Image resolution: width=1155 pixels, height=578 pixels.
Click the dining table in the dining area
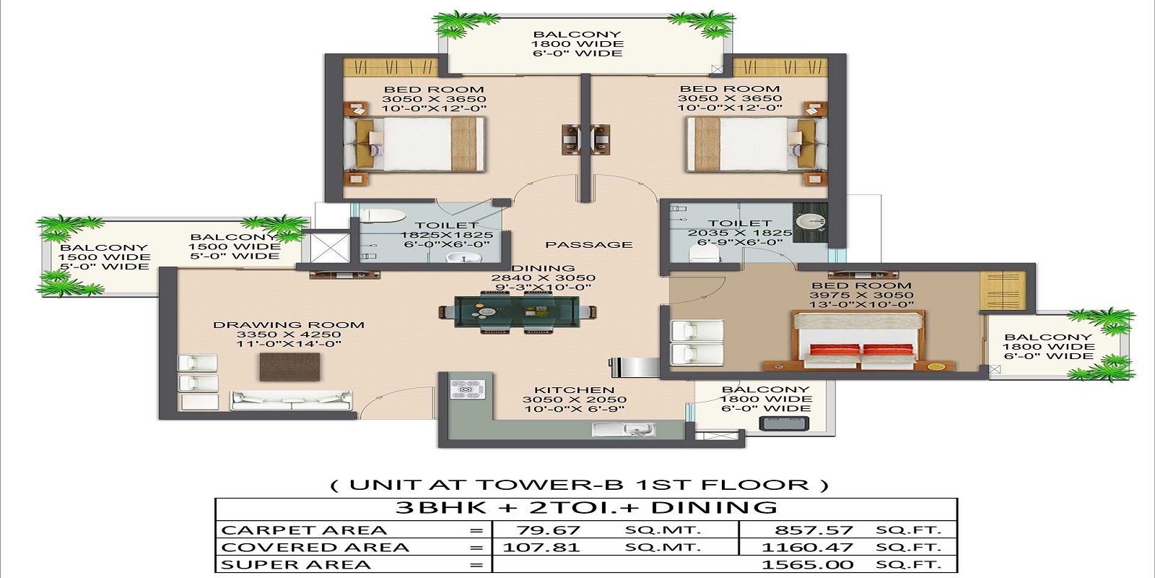tap(518, 312)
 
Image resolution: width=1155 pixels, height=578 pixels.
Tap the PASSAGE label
tap(588, 245)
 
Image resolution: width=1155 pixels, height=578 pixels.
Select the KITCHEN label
tap(574, 389)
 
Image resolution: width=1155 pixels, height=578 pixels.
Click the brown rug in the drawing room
tap(289, 367)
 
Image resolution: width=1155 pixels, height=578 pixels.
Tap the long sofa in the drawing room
tap(290, 400)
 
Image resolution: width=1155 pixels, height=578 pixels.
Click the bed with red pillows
tap(858, 342)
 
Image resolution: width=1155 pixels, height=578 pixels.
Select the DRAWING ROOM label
tap(289, 325)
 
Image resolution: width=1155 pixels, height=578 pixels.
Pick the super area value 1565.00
tap(808, 565)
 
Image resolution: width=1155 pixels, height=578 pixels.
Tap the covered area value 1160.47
tap(808, 548)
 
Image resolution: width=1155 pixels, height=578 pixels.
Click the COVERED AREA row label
tap(315, 548)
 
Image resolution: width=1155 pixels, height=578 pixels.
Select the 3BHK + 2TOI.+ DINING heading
tap(586, 508)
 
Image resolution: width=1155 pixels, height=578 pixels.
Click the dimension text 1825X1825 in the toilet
tap(447, 235)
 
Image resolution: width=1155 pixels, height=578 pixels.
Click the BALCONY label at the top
tap(577, 34)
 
